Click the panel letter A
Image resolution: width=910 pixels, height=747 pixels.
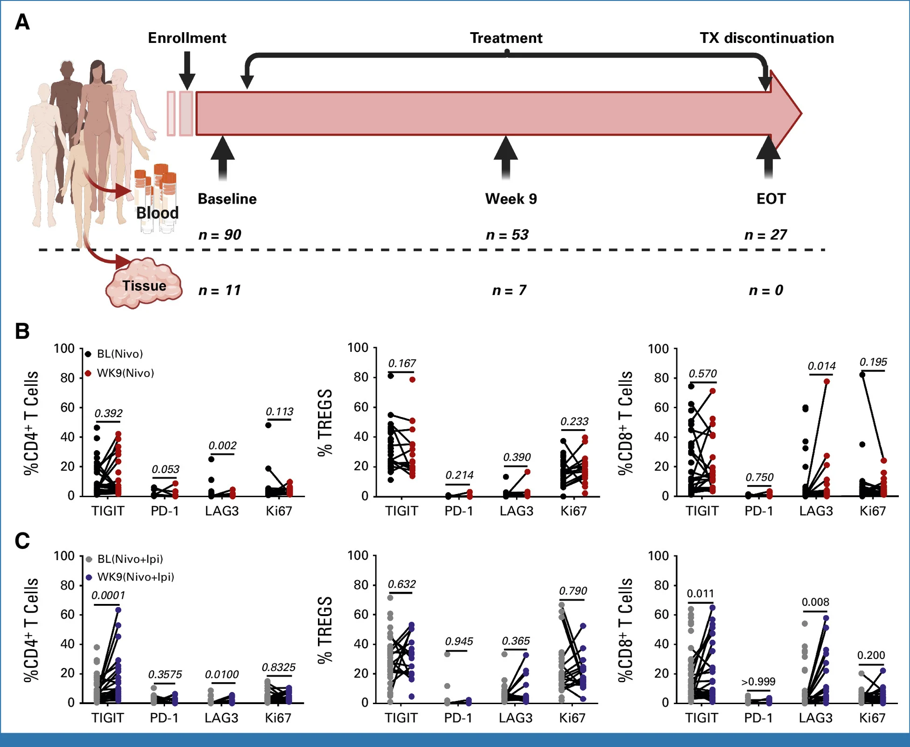coord(22,22)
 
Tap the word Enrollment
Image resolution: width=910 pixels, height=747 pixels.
coord(187,38)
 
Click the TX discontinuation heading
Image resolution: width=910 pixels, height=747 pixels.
coord(766,38)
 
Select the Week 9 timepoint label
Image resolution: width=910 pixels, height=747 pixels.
coord(511,199)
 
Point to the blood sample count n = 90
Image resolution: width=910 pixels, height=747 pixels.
coord(220,235)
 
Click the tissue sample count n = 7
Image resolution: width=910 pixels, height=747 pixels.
coord(509,291)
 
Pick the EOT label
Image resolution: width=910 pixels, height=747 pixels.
coord(771,199)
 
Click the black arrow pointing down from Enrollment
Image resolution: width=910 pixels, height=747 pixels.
coord(187,70)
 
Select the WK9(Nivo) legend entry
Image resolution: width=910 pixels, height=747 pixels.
coord(125,373)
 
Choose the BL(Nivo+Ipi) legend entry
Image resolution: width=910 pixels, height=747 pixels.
coord(130,559)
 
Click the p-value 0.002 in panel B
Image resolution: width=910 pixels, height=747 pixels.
coord(222,445)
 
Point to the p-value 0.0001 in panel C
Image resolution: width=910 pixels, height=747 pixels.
coord(108,595)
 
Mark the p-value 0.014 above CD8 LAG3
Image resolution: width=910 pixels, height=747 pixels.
coord(821,366)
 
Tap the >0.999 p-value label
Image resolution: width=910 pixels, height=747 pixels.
coord(758,682)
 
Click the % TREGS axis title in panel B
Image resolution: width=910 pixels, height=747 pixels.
coord(324,423)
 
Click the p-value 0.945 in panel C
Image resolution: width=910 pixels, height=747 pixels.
coord(459,642)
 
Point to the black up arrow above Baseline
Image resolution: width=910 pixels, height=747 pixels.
coord(222,156)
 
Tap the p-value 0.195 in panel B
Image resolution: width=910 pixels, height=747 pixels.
coord(873,362)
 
